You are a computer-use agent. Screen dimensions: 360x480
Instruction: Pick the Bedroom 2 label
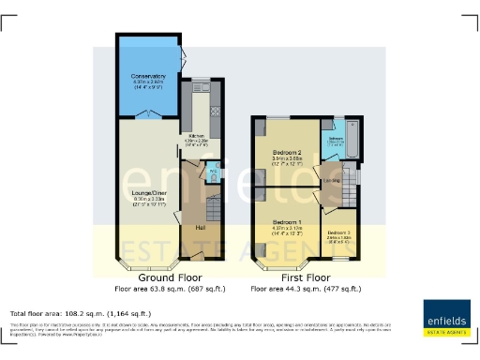click(286, 152)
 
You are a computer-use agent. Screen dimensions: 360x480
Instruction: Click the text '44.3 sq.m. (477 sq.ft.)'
click(320, 290)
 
